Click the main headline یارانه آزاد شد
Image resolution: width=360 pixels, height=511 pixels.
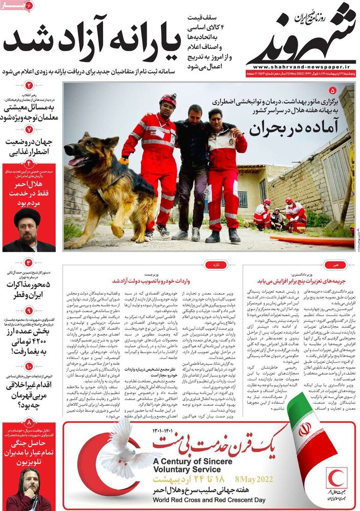[x=92, y=39]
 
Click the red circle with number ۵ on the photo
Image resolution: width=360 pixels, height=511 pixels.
[x=333, y=90]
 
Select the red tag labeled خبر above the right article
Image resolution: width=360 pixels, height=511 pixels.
[x=335, y=265]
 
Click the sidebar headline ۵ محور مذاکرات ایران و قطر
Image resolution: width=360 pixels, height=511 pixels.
[x=29, y=290]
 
